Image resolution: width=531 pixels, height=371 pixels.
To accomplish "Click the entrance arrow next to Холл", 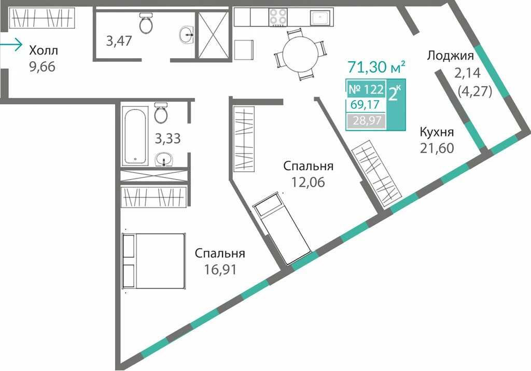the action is [x=11, y=45].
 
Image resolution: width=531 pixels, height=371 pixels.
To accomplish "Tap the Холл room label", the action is [x=44, y=50].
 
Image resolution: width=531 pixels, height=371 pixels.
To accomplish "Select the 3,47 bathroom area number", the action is [x=119, y=41].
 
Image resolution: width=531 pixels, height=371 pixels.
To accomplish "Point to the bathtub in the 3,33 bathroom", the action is [x=135, y=135].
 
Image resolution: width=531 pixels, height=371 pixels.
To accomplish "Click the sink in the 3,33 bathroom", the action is [x=164, y=159].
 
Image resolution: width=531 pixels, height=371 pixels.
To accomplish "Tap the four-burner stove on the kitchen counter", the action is [x=278, y=17].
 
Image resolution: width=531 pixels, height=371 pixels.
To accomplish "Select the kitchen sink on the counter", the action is [x=320, y=18].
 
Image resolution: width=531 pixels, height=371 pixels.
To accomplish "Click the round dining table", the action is [x=300, y=54].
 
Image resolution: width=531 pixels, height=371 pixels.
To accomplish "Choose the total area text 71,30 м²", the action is [x=376, y=67].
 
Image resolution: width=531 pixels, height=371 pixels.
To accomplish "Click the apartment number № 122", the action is [x=366, y=89].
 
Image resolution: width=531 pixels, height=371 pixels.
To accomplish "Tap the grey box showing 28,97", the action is [x=367, y=120].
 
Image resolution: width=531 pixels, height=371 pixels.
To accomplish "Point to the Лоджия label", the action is [x=450, y=55].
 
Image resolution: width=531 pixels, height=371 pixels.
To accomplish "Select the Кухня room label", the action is [x=437, y=132].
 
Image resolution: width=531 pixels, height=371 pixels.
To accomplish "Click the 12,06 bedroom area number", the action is [x=308, y=182].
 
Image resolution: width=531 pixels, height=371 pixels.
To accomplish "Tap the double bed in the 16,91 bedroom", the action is [x=153, y=261].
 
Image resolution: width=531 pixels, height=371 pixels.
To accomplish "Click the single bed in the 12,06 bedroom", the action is [x=282, y=228].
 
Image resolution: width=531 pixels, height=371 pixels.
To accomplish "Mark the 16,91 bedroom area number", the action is [x=220, y=270].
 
